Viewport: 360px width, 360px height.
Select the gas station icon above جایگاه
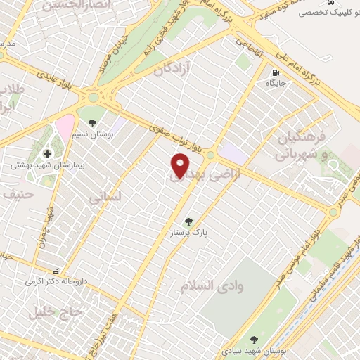click(275, 72)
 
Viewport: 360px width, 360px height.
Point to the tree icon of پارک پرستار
click(188, 221)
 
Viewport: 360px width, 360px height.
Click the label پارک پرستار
click(186, 232)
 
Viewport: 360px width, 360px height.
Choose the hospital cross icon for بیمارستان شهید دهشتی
click(48, 154)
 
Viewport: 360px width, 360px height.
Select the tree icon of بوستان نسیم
click(93, 123)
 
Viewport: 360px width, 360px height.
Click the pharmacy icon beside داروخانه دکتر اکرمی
click(56, 271)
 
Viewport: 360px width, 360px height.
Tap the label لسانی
click(105, 198)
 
